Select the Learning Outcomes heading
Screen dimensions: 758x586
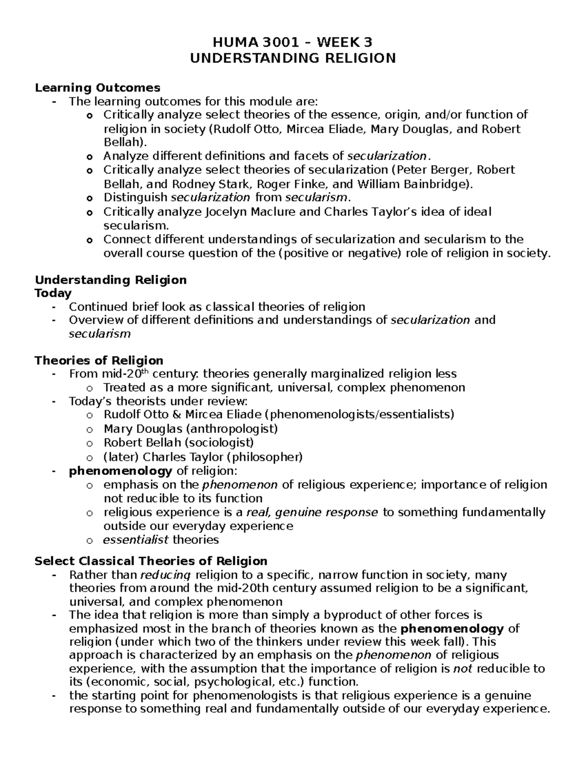click(x=97, y=88)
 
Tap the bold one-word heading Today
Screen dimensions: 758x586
click(x=53, y=293)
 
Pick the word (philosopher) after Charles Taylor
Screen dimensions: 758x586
click(x=267, y=457)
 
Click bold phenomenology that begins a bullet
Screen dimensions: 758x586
click(x=120, y=471)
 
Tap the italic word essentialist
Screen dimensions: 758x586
click(x=136, y=539)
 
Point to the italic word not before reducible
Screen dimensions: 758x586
click(x=462, y=668)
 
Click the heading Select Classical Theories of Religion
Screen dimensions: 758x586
click(x=151, y=561)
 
